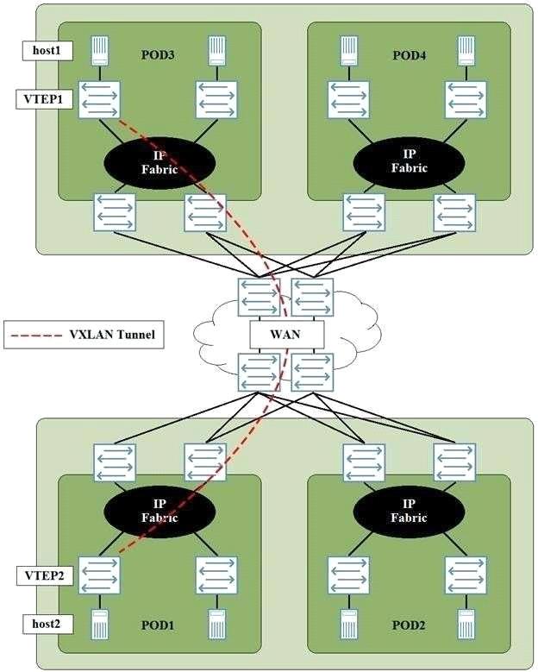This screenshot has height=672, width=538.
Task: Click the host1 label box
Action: click(x=47, y=51)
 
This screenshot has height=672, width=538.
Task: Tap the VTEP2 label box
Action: click(x=45, y=575)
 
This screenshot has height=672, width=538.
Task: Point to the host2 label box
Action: click(x=47, y=624)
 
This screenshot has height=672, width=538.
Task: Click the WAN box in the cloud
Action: click(x=286, y=335)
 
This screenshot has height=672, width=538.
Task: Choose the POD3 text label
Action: click(x=159, y=55)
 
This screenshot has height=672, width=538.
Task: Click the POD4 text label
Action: click(x=409, y=55)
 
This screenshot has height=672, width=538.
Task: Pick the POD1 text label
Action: click(x=159, y=625)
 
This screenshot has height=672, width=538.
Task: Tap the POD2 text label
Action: click(x=409, y=625)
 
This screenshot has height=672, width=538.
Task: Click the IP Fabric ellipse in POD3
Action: click(x=160, y=163)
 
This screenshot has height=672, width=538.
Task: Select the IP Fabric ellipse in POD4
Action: click(x=409, y=161)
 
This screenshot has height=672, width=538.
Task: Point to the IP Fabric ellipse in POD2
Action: click(x=409, y=512)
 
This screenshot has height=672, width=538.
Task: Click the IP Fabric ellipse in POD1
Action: click(x=160, y=512)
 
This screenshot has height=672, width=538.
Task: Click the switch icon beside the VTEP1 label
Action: click(x=99, y=100)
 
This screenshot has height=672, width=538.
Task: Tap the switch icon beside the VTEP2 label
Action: click(x=99, y=575)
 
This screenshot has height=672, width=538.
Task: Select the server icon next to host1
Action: click(x=99, y=51)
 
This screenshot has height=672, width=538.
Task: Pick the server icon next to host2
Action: click(x=99, y=625)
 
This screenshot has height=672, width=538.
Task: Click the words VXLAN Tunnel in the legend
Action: click(x=112, y=335)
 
